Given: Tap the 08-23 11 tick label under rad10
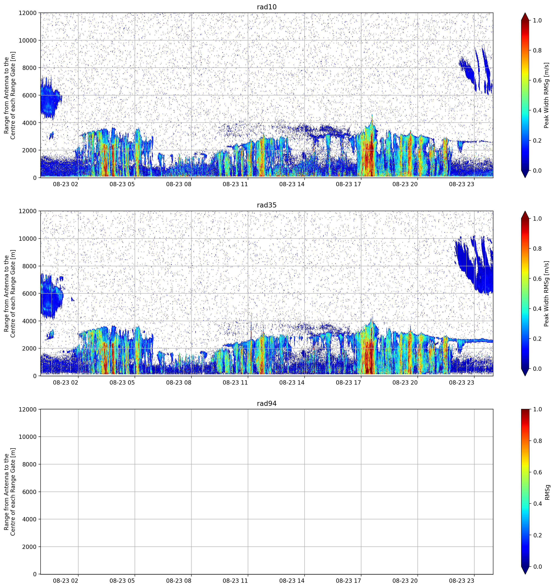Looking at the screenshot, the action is (x=235, y=184).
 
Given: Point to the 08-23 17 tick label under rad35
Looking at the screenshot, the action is (x=348, y=382).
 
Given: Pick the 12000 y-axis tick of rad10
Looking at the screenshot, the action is (x=28, y=13).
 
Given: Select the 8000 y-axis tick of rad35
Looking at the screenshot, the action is (x=30, y=266).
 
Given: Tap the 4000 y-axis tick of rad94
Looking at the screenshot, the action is (x=30, y=519).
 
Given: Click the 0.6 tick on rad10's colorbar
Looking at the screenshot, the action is (x=537, y=80).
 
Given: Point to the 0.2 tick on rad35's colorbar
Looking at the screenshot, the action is (x=537, y=339).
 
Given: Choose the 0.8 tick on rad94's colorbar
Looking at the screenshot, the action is (x=537, y=441).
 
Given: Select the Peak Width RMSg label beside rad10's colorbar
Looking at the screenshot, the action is (x=546, y=95).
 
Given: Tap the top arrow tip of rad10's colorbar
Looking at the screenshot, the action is (x=525, y=13).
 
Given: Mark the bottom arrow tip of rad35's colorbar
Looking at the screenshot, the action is (x=525, y=376).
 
